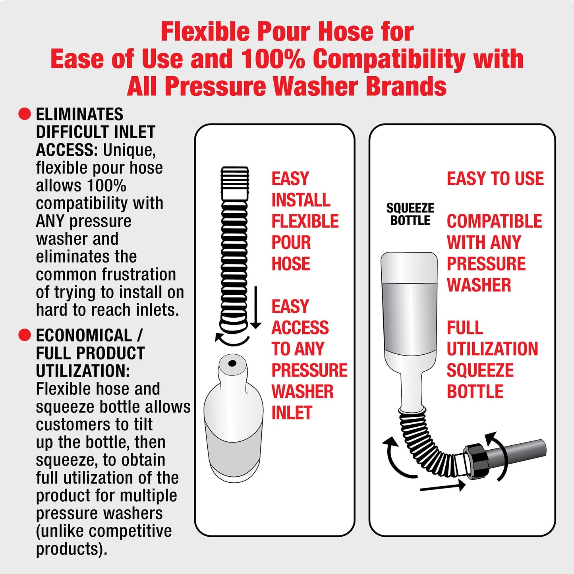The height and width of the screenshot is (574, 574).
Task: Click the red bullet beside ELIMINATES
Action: pos(25,114)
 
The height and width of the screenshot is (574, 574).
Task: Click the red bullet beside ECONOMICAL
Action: pos(25,335)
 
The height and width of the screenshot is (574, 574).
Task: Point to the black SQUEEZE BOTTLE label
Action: pos(410,214)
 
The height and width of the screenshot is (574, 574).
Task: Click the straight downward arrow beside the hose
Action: pos(255,307)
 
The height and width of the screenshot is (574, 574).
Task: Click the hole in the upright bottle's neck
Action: pos(232,363)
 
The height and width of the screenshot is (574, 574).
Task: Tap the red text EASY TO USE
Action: pos(495,179)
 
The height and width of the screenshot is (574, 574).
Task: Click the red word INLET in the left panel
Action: pos(292,413)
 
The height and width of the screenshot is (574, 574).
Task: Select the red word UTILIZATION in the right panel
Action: pos(492,349)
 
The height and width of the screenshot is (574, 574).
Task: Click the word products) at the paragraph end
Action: pos(72,549)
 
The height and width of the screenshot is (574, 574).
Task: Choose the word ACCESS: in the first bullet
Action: pos(67,150)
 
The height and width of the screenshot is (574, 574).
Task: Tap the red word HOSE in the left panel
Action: pos(291,264)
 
